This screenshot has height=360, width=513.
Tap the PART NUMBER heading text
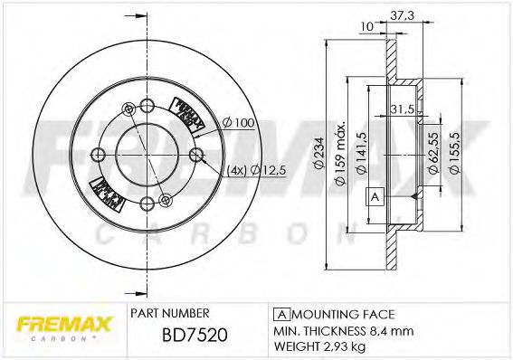click(171, 312)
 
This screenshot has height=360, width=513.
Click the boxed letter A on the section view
click(373, 196)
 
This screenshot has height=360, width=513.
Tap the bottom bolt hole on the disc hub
click(164, 200)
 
